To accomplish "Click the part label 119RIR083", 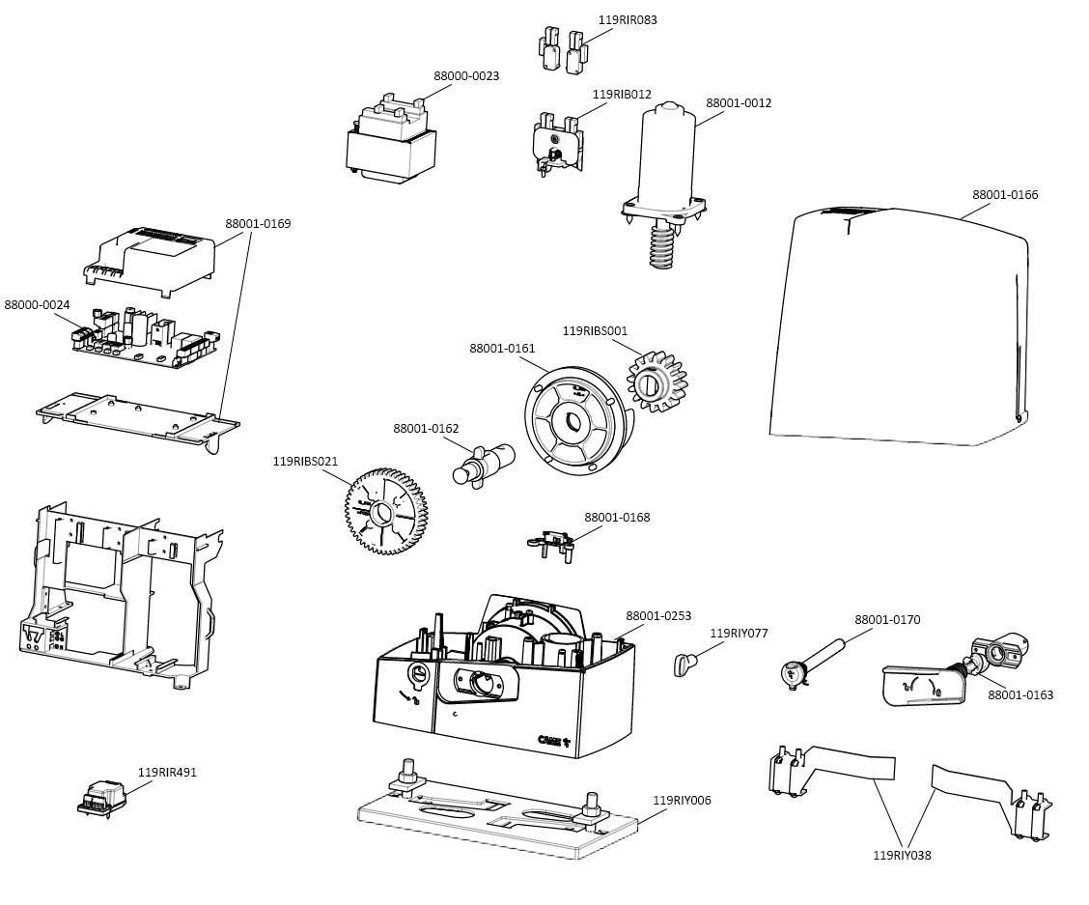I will click(x=628, y=19).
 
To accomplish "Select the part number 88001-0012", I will click(x=739, y=103).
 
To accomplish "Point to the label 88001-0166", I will click(x=1005, y=195).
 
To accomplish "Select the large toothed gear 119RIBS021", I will click(x=386, y=511).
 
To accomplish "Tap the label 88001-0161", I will click(x=502, y=348).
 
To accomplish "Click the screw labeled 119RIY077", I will click(x=685, y=665).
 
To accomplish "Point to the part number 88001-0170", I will click(x=887, y=620).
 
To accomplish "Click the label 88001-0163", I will click(x=1020, y=695).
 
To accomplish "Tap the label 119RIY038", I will click(x=902, y=855).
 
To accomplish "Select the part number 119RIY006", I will click(x=682, y=801).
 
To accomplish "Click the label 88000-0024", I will click(x=37, y=305).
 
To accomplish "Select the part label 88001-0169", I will click(x=258, y=224).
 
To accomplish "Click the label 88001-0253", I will click(x=658, y=616).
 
